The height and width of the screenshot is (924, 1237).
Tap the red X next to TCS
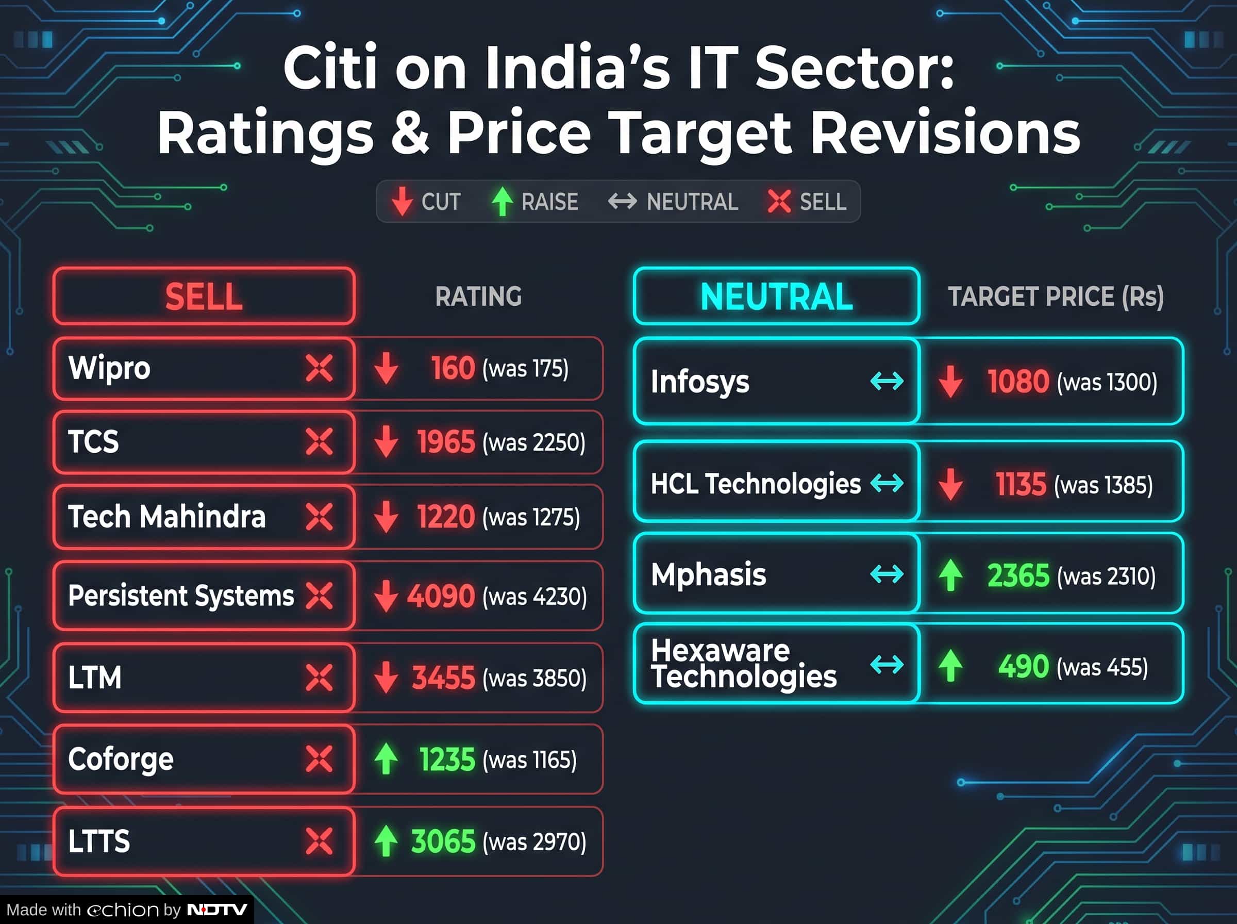coord(319,442)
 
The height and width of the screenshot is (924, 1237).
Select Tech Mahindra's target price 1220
coord(445,516)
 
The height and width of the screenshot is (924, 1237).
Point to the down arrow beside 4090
coord(386,596)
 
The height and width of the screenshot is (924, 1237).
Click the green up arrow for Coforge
coord(386,758)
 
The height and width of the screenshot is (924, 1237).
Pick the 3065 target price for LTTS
coord(443,841)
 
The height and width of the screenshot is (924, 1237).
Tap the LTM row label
coord(94,678)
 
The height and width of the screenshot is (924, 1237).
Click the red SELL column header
coord(204,296)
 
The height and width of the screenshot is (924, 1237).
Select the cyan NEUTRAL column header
coord(776,296)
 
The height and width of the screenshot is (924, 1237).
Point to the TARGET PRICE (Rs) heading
coord(1056,296)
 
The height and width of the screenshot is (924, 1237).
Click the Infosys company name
coord(700,382)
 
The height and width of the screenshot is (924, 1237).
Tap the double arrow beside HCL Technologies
coord(887,483)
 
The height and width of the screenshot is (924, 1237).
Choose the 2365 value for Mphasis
coord(1018,575)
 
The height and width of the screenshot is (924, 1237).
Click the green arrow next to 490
coord(950,666)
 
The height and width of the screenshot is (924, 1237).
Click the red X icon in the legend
coord(779,202)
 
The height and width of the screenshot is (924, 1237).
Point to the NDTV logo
coord(217,910)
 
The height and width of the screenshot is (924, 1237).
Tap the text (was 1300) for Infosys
coord(1107,383)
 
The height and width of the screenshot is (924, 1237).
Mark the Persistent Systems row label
coord(180,596)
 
